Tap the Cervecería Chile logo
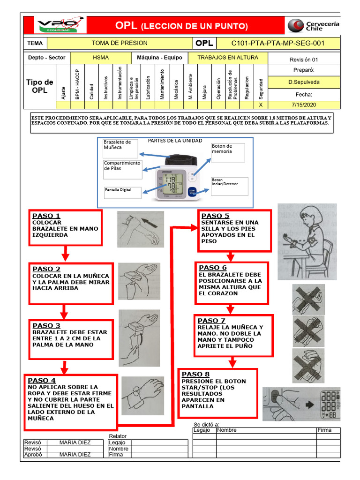313,25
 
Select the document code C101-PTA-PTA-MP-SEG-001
278,43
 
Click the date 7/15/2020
303,105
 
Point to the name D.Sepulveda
303,82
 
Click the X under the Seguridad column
261,105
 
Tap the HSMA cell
101,57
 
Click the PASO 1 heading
46,216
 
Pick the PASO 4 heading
42,380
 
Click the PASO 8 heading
195,374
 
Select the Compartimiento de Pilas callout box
122,169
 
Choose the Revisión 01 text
303,60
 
